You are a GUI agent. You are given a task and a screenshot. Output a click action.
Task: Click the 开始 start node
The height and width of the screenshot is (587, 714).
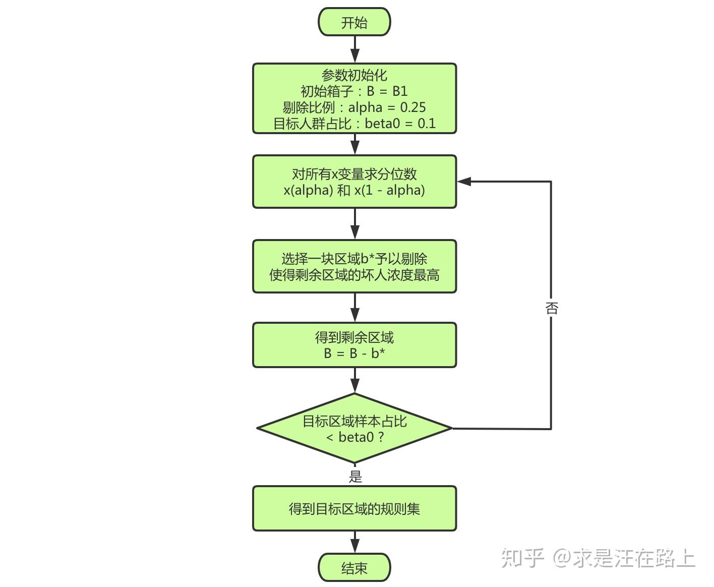[354, 22]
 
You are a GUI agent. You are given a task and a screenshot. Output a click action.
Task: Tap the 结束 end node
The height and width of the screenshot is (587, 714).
[354, 568]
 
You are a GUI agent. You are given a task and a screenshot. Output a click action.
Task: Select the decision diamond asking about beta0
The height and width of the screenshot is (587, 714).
[354, 428]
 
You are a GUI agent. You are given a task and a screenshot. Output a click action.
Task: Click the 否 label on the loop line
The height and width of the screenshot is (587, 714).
[551, 308]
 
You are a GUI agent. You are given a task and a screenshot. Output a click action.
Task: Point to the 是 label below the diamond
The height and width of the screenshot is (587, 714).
[355, 476]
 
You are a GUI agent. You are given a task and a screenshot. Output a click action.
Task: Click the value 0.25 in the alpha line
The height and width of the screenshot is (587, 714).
[413, 107]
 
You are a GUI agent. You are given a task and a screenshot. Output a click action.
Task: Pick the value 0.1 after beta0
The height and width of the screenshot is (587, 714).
[427, 124]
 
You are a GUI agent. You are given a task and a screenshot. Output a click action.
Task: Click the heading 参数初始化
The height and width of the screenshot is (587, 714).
[354, 75]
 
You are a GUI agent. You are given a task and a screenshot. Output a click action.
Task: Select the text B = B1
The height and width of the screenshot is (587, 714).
[387, 91]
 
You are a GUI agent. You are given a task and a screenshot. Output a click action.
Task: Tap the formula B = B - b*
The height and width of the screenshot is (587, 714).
[354, 354]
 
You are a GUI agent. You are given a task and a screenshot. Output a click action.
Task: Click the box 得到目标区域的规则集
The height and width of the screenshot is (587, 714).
[354, 508]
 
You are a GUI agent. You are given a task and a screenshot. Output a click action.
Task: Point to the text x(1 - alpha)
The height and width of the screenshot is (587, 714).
[389, 190]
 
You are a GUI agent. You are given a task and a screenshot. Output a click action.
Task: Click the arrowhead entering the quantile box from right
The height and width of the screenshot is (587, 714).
[464, 182]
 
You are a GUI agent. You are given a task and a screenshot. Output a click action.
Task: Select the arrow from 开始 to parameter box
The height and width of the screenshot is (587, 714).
[354, 49]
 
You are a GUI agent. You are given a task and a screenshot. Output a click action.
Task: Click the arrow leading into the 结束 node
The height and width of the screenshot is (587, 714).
[354, 543]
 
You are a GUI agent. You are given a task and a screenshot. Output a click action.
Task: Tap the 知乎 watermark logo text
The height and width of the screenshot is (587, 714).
[522, 558]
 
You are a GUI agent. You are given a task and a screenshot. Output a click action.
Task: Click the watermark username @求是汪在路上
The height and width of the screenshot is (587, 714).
[624, 558]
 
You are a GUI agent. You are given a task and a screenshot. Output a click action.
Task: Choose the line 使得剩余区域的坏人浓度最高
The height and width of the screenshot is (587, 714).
[354, 275]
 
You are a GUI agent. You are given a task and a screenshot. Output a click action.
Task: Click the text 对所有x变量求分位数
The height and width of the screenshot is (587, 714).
[354, 174]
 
